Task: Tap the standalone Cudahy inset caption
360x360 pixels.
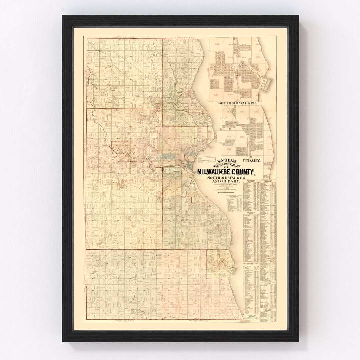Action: click(x=251, y=161)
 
